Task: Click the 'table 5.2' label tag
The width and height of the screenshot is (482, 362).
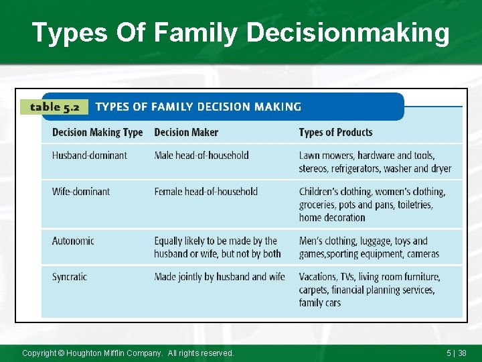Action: [54, 107]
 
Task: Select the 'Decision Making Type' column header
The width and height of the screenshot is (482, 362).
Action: [97, 133]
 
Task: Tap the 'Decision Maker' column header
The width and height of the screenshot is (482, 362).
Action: [186, 133]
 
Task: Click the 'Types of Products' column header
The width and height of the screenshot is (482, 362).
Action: [335, 133]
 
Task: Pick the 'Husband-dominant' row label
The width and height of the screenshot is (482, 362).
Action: [90, 156]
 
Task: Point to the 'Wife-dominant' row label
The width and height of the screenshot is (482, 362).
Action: [81, 192]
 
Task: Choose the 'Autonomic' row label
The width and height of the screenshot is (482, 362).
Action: [73, 241]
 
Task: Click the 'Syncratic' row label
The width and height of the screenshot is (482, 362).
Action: [70, 277]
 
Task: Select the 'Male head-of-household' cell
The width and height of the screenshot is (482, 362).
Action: [202, 156]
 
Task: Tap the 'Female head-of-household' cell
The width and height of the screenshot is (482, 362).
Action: [206, 192]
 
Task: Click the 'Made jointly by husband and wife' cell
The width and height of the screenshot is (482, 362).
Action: [220, 277]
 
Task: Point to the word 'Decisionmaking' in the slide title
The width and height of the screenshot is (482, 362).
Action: [348, 33]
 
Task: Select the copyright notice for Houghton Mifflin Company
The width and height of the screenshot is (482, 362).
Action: [128, 353]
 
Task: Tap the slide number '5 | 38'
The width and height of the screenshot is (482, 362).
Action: [457, 353]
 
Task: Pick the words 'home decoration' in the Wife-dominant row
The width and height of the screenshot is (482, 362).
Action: [332, 217]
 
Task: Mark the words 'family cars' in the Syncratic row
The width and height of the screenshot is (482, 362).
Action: [320, 303]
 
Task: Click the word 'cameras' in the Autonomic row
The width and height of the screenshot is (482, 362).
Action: [422, 254]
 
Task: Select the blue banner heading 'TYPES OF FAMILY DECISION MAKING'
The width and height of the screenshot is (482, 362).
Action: [198, 107]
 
